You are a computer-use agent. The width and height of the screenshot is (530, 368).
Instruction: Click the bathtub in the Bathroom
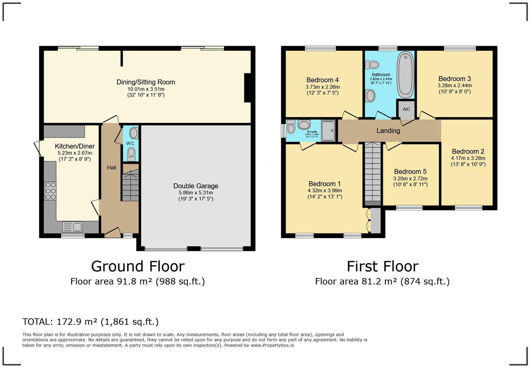click(405, 75)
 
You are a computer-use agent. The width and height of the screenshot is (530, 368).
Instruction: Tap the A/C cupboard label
click(406, 109)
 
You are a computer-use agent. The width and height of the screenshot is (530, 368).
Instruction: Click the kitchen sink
click(73, 227)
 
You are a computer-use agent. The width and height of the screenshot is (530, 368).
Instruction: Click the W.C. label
click(130, 143)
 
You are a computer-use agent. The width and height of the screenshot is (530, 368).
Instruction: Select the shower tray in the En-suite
click(328, 130)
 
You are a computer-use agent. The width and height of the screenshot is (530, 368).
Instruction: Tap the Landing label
click(388, 131)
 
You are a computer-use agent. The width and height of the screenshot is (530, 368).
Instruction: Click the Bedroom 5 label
click(410, 171)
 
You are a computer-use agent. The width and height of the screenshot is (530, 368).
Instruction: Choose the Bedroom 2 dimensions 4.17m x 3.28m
click(468, 158)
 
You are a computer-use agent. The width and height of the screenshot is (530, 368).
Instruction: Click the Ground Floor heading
click(138, 266)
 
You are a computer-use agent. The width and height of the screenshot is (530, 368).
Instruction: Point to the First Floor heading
click(382, 266)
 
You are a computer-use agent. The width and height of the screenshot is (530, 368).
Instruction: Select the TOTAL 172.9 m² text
click(90, 321)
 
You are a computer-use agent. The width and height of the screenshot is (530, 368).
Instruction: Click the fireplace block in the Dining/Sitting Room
click(247, 88)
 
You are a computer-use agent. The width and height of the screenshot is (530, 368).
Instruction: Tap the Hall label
click(112, 167)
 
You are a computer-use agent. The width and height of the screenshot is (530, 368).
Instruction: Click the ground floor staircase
click(130, 186)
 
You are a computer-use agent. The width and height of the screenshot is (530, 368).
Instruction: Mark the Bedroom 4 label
click(322, 80)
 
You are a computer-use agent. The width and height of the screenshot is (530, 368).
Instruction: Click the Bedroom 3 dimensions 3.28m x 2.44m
click(454, 86)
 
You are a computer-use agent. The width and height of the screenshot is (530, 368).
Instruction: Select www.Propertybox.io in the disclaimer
click(272, 345)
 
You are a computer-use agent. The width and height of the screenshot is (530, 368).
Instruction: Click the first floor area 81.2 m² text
click(382, 281)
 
